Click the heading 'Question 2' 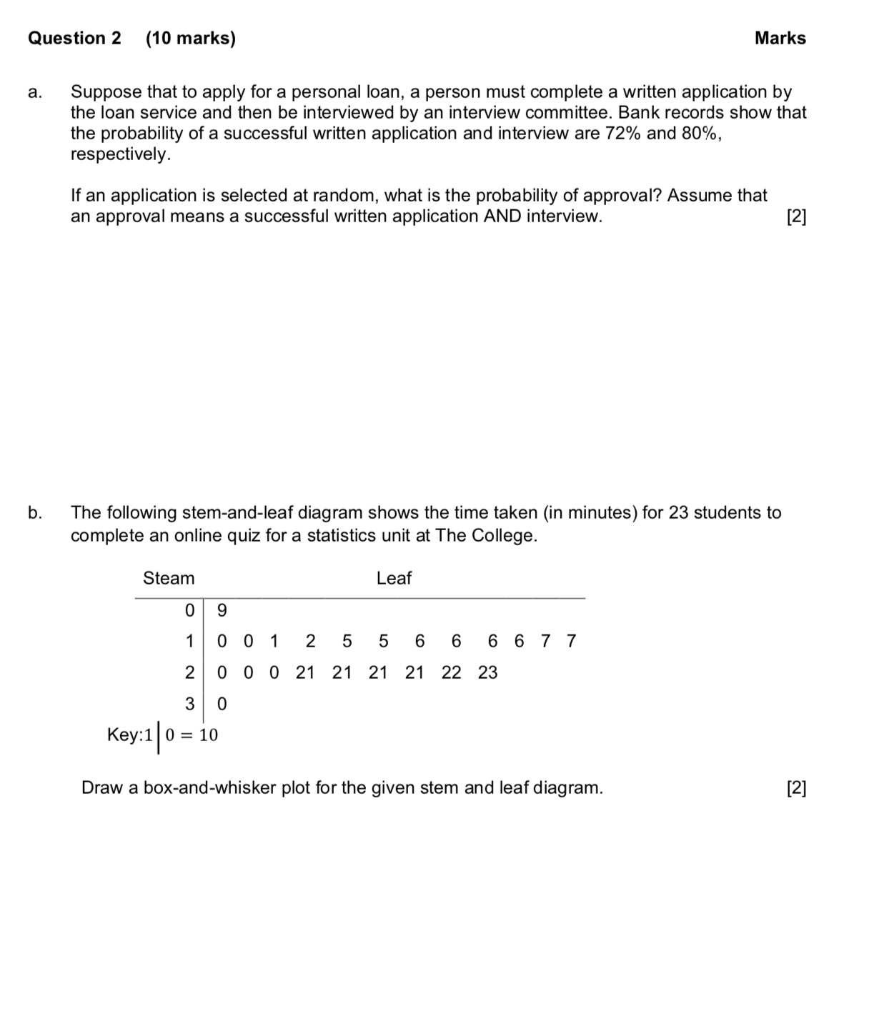click(x=74, y=39)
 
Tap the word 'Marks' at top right click(x=780, y=39)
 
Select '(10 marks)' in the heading click(x=191, y=39)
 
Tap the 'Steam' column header click(x=169, y=578)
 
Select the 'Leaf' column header click(x=394, y=578)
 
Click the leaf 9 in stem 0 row click(x=222, y=610)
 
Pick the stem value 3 click(x=189, y=704)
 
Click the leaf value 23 click(x=487, y=672)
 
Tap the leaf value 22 click(x=451, y=672)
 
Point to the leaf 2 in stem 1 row click(x=310, y=641)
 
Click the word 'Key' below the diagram click(x=122, y=734)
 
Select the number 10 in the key click(x=208, y=734)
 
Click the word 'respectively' click(x=120, y=154)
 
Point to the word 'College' click(x=504, y=536)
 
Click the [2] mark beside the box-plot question click(x=795, y=788)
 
